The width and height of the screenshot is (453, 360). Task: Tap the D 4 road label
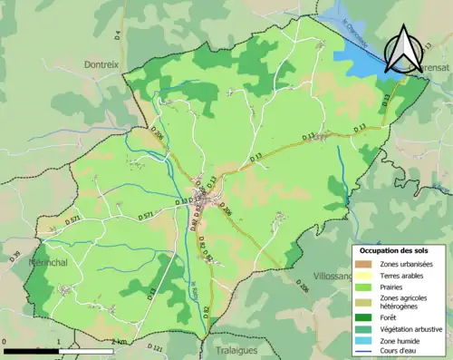(118, 35)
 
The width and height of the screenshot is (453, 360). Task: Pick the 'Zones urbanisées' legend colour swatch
(363, 263)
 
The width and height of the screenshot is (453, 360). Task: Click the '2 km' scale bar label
(118, 342)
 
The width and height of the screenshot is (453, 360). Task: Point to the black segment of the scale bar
(31, 350)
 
